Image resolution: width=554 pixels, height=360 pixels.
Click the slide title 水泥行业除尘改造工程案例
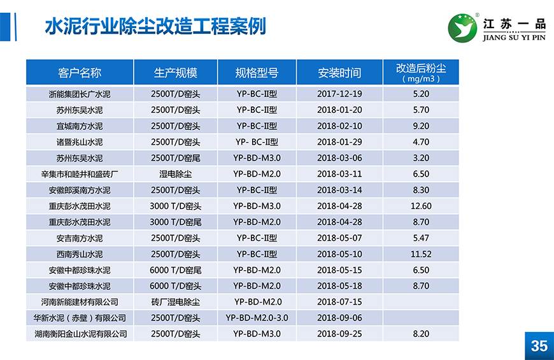tap(155, 26)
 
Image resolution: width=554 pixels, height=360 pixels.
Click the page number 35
tap(539, 345)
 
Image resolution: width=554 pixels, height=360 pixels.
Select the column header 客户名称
tap(80, 73)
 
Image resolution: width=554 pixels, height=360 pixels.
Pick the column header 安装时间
tap(339, 73)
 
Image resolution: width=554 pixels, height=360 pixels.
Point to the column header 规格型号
tap(257, 73)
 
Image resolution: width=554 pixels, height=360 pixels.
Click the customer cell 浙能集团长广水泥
tap(80, 94)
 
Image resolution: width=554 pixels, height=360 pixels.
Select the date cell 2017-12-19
tap(339, 94)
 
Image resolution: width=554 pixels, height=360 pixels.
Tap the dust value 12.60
tap(421, 206)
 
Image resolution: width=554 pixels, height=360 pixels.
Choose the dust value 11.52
tap(421, 254)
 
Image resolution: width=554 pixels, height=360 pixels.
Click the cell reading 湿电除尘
tap(175, 174)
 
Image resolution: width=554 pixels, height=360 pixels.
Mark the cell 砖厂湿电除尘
tap(175, 302)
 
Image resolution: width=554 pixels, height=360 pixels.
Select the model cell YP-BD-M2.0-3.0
tap(257, 318)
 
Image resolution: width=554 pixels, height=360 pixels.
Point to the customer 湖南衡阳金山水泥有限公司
tap(80, 334)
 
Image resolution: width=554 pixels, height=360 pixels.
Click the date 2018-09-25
tap(339, 334)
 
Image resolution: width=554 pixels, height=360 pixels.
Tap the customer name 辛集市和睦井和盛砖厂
tap(80, 174)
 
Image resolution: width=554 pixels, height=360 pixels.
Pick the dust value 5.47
tap(421, 238)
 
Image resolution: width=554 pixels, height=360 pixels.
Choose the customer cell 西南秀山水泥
tap(80, 254)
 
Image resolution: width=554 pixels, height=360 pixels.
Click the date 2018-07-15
tap(339, 302)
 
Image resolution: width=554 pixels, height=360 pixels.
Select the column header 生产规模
tap(175, 73)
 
